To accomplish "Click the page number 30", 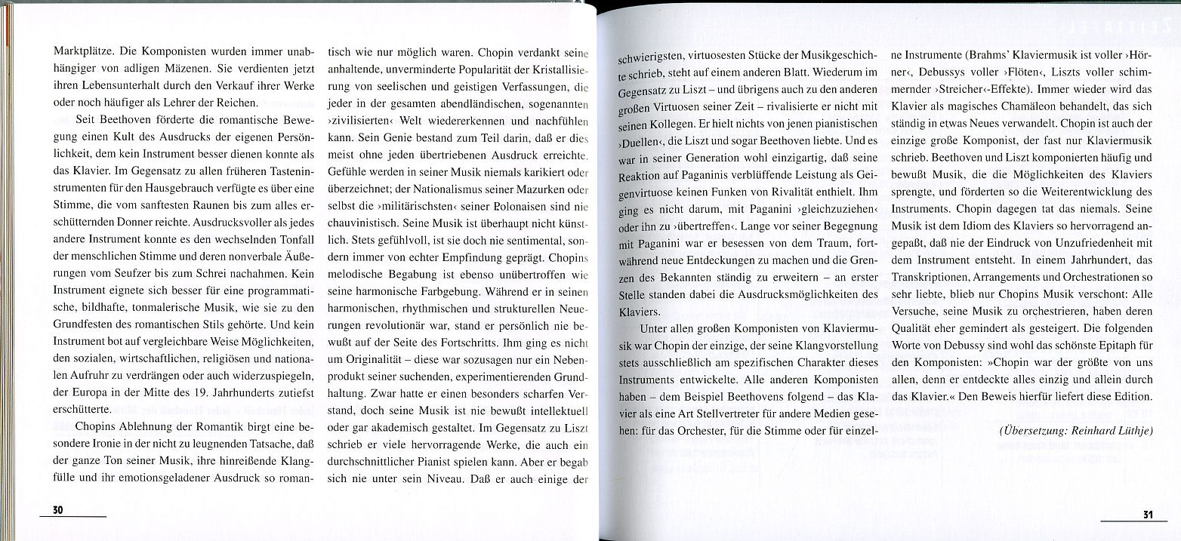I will coord(57,511).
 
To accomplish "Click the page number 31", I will coord(1148,515).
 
